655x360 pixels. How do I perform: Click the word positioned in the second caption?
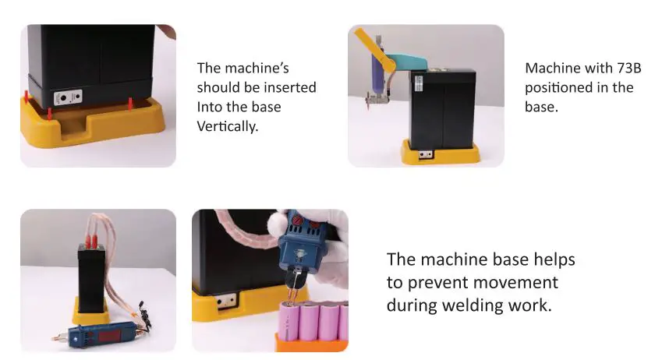coord(558,87)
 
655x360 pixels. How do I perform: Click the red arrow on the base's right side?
coord(130,103)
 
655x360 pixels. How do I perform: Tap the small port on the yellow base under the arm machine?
coord(426,154)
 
